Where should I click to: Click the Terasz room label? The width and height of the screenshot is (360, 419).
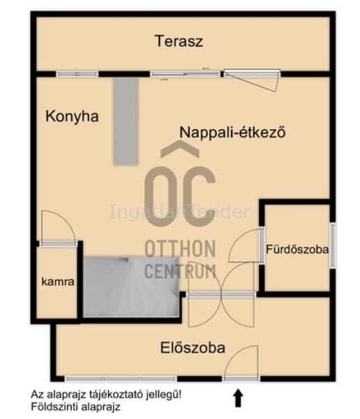click(179, 41)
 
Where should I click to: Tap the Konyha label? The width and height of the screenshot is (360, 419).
click(72, 116)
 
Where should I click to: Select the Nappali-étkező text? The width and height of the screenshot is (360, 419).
click(232, 132)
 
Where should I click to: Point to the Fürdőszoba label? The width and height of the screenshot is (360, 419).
click(297, 250)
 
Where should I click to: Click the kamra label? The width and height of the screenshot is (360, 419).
click(58, 282)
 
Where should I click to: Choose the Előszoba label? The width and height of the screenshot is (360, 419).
click(193, 348)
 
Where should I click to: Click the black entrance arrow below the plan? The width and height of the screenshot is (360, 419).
click(238, 398)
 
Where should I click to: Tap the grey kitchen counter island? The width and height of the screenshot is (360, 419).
click(126, 121)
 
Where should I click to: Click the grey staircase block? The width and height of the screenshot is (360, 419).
click(130, 287)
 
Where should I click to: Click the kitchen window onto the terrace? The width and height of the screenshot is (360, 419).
click(77, 75)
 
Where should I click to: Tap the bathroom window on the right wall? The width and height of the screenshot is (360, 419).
click(333, 245)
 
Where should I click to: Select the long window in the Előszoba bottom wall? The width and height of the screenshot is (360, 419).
click(121, 379)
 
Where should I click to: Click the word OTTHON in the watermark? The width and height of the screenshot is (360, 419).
click(180, 248)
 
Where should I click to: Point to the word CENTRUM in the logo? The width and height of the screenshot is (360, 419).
click(180, 271)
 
